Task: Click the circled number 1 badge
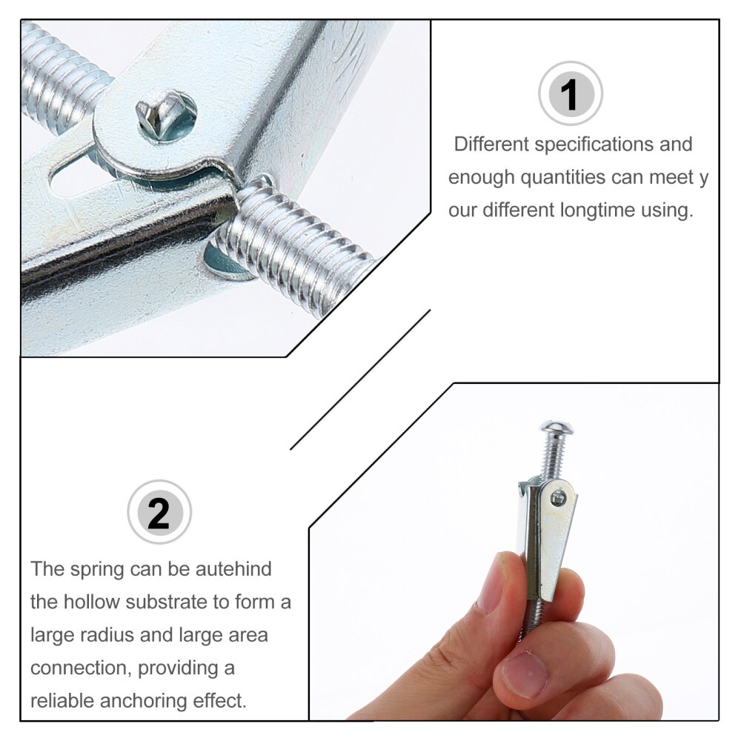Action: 570,93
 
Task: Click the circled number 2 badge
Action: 159,512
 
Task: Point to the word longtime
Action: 590,210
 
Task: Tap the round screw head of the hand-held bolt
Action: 556,428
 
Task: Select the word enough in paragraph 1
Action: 481,178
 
